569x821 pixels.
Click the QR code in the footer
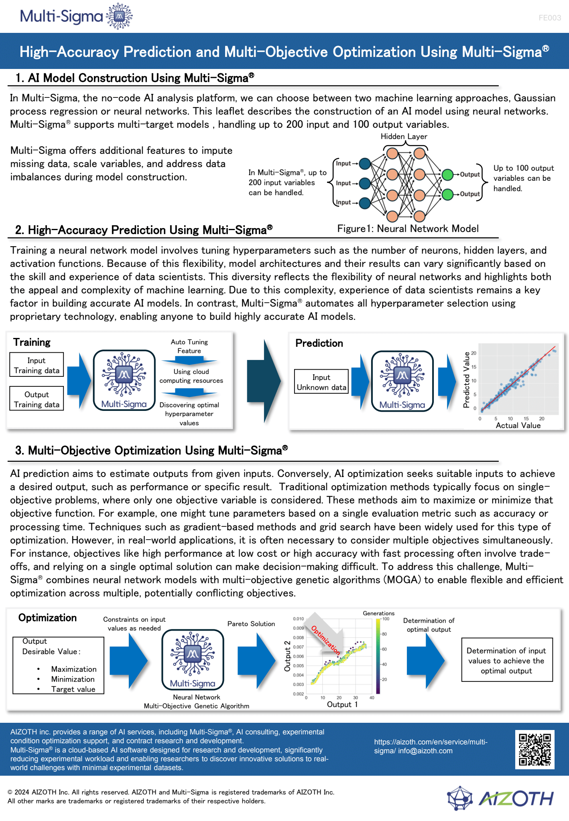[x=534, y=749]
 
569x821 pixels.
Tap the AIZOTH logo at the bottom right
[x=501, y=798]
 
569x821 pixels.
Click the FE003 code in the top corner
[x=550, y=18]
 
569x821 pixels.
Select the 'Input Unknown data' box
[x=321, y=382]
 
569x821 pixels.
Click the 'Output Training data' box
[x=37, y=398]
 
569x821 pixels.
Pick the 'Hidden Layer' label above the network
[x=404, y=136]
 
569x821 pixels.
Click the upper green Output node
[x=447, y=175]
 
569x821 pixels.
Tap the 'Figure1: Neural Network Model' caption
[x=408, y=229]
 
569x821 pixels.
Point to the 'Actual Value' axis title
[x=518, y=425]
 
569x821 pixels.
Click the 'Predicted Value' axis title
[x=466, y=380]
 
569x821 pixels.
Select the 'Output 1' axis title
[x=342, y=704]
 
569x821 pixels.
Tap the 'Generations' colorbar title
[x=378, y=613]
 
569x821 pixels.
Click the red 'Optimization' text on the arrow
[x=326, y=640]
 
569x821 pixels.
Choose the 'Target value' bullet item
[x=73, y=689]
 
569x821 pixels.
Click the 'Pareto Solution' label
[x=251, y=624]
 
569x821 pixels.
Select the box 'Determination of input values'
[x=507, y=660]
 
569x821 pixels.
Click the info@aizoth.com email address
[x=425, y=751]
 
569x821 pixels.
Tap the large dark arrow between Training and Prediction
[x=264, y=381]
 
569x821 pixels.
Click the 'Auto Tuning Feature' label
[x=189, y=346]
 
